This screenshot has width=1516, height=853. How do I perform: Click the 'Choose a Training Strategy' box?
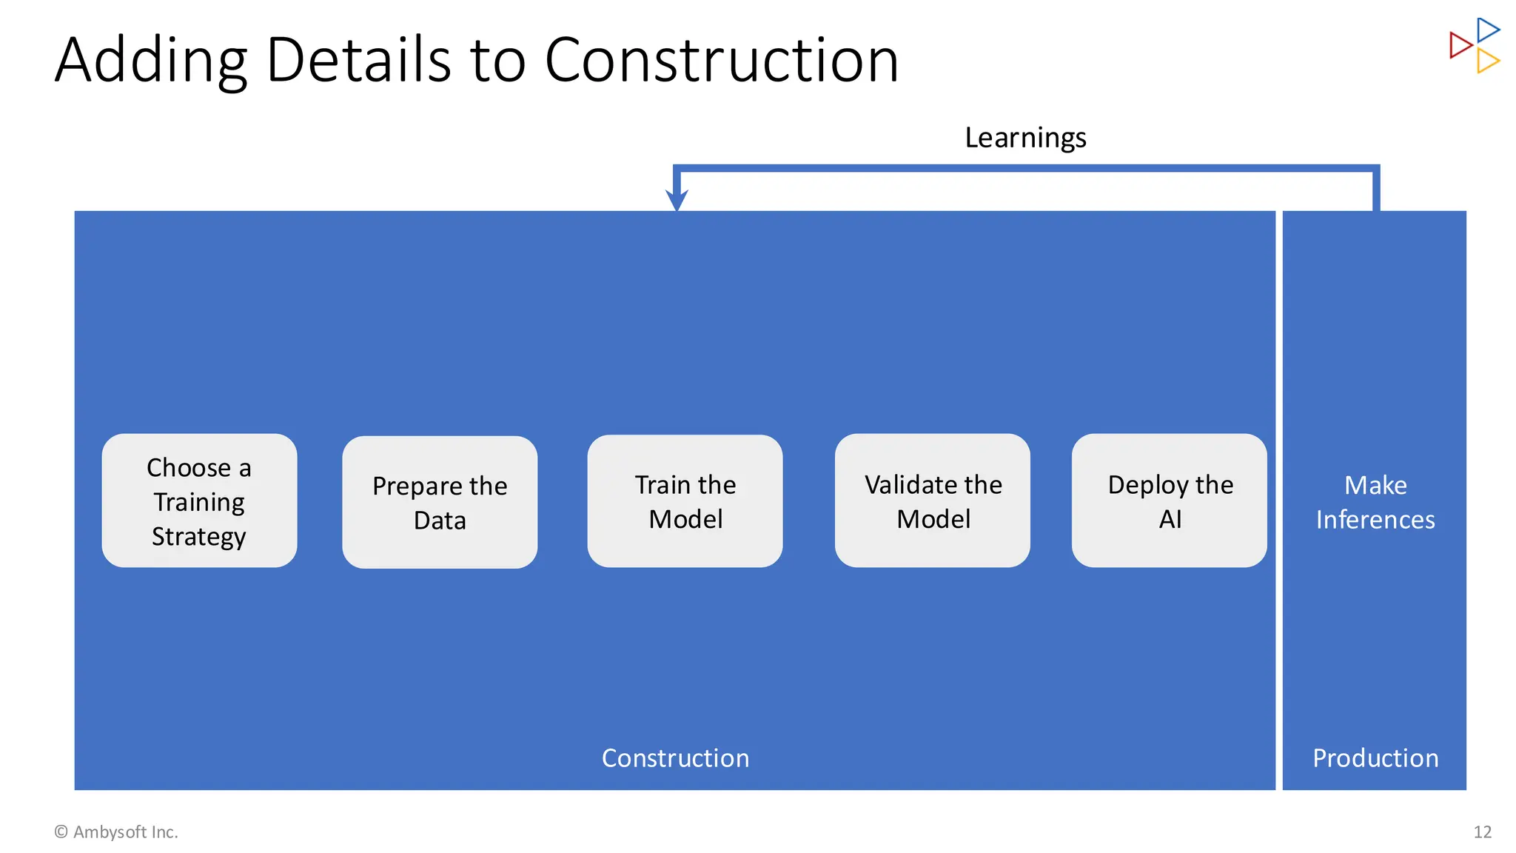pos(199,501)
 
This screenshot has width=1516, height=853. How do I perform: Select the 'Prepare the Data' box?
pos(440,502)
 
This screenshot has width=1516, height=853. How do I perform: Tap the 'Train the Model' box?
pos(685,501)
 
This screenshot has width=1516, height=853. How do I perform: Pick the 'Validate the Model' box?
pos(932,501)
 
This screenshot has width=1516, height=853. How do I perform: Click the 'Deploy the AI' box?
pos(1169,501)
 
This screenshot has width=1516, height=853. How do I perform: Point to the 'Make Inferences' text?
pos(1375,502)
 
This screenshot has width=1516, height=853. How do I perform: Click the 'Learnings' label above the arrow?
pos(1025,138)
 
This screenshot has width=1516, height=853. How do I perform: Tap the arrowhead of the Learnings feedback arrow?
pos(677,200)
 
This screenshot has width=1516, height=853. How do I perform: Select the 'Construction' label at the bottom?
pos(675,758)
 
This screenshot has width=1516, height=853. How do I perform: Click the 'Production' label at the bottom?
pos(1375,758)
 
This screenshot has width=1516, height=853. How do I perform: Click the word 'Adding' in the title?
pos(151,61)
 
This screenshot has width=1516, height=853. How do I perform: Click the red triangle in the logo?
pos(1460,45)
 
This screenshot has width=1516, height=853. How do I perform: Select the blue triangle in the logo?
pos(1487,30)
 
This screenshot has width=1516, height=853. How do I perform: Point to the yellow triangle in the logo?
pos(1487,61)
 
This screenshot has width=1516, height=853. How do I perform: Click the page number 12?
pos(1482,832)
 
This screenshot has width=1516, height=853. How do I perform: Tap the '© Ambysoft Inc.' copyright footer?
pos(116,832)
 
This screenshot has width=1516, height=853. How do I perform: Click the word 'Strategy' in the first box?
pos(198,536)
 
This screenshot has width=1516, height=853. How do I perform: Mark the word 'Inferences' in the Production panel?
pos(1375,520)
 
